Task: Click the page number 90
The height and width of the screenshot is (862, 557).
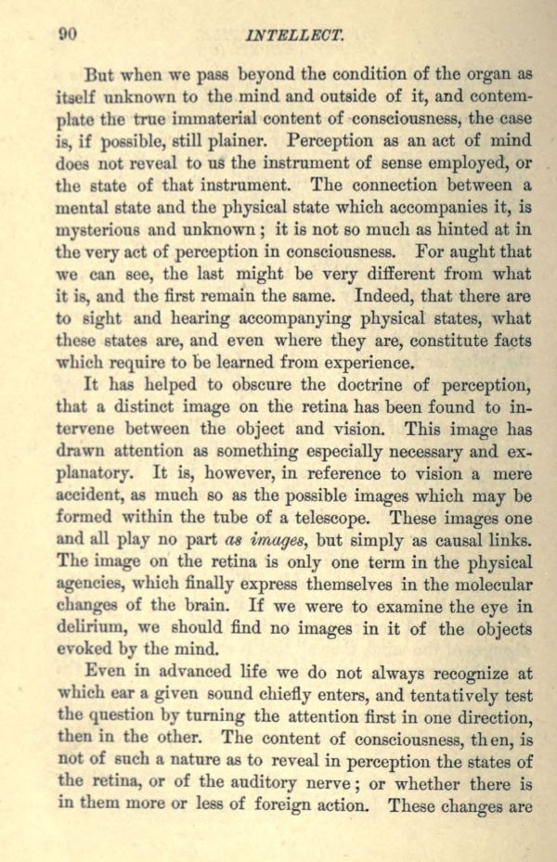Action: tap(67, 34)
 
